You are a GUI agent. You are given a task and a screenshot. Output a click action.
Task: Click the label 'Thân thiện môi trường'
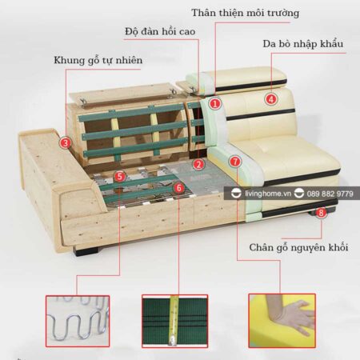click(245, 13)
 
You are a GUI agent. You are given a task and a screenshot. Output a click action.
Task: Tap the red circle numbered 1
click(214, 103)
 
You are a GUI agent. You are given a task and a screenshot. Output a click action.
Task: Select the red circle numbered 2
click(198, 166)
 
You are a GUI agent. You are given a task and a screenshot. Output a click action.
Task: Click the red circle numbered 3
click(65, 144)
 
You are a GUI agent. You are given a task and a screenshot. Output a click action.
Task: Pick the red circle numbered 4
click(271, 99)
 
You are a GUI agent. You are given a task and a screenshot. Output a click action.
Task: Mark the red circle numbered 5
click(119, 177)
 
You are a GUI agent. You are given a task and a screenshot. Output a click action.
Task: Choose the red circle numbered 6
click(178, 189)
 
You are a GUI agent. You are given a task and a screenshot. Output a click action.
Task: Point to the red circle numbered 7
click(234, 162)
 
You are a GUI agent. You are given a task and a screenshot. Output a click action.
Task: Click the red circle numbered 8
click(321, 213)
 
